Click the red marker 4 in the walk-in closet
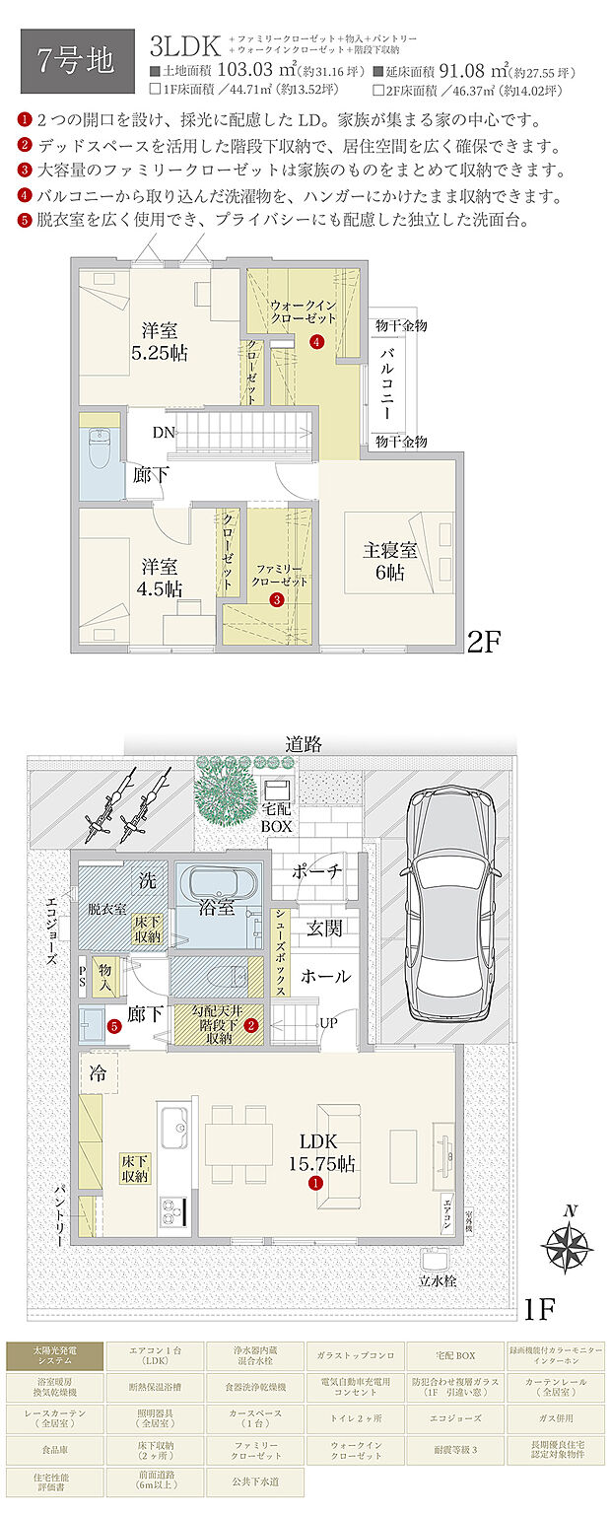[x=315, y=342]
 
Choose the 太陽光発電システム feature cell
[x=54, y=1356]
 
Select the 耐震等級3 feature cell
[x=455, y=1450]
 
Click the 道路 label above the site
[x=306, y=744]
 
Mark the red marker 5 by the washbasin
[x=115, y=1026]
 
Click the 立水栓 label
[x=438, y=1282]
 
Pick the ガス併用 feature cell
[x=557, y=1417]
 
